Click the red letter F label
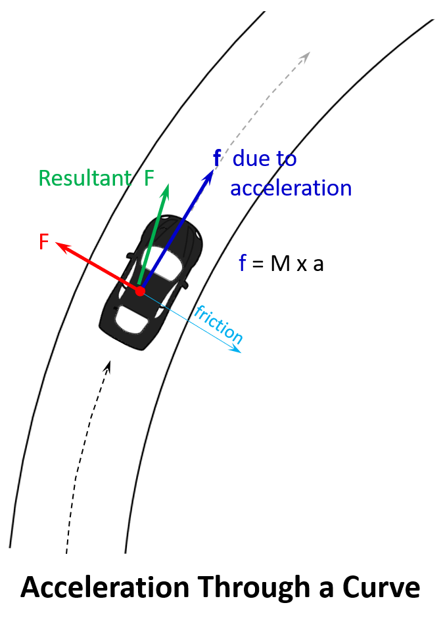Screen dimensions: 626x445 tap(44, 242)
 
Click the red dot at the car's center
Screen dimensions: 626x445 tap(140, 291)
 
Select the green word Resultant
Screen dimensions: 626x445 tap(85, 178)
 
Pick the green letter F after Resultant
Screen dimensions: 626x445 tap(149, 178)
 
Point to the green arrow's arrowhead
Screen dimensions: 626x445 tap(165, 190)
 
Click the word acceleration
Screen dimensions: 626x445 tap(291, 188)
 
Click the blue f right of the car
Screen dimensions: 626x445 tap(242, 263)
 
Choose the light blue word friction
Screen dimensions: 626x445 tap(218, 324)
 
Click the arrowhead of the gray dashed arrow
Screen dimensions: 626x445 tap(305, 56)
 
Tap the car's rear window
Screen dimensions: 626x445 tap(132, 319)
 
